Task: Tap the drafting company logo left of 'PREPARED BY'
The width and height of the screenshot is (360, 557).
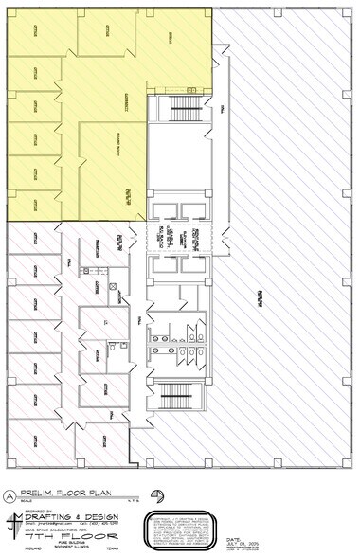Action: [x=12, y=524]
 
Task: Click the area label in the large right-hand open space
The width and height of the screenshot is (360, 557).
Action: [x=257, y=300]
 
